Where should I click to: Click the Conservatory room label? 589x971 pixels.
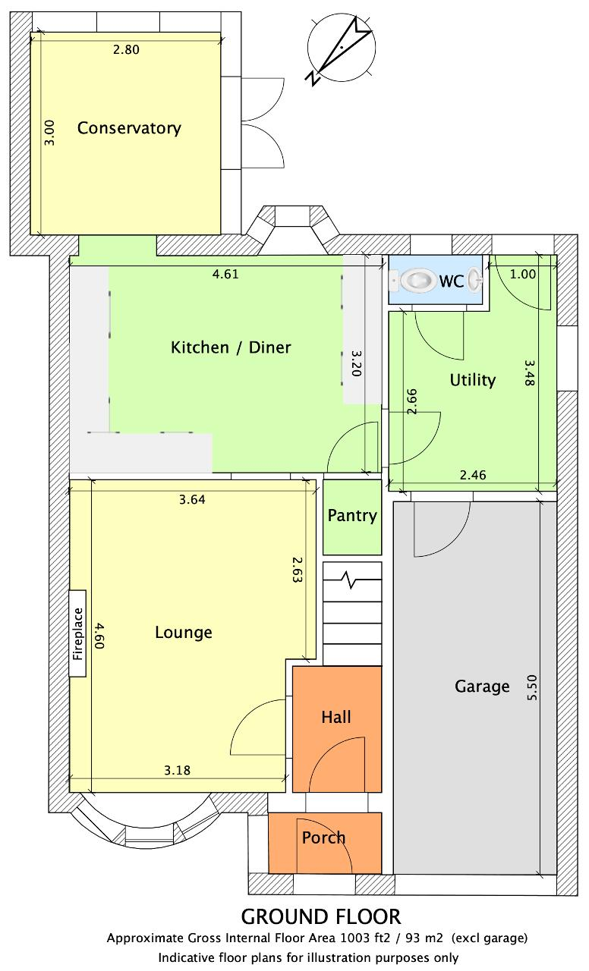(x=129, y=128)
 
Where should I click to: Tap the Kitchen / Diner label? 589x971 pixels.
(x=230, y=347)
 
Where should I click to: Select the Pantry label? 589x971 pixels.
(x=352, y=516)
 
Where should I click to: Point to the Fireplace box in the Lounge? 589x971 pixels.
(x=77, y=633)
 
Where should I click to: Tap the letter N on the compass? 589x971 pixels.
(x=312, y=77)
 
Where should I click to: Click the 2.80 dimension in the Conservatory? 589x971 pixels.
(x=126, y=49)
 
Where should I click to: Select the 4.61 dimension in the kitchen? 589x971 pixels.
(x=225, y=274)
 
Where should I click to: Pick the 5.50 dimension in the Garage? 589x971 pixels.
(x=532, y=687)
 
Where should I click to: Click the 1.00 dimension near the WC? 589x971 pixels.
(x=523, y=274)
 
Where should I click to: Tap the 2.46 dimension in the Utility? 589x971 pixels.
(x=473, y=475)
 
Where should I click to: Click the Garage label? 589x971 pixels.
(x=482, y=687)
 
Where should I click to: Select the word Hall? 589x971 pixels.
(x=336, y=717)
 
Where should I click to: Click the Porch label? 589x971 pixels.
(x=323, y=837)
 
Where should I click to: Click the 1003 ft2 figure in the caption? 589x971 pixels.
(x=365, y=938)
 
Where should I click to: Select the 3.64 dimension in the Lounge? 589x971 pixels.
(x=192, y=499)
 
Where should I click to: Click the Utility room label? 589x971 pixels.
(x=473, y=380)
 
